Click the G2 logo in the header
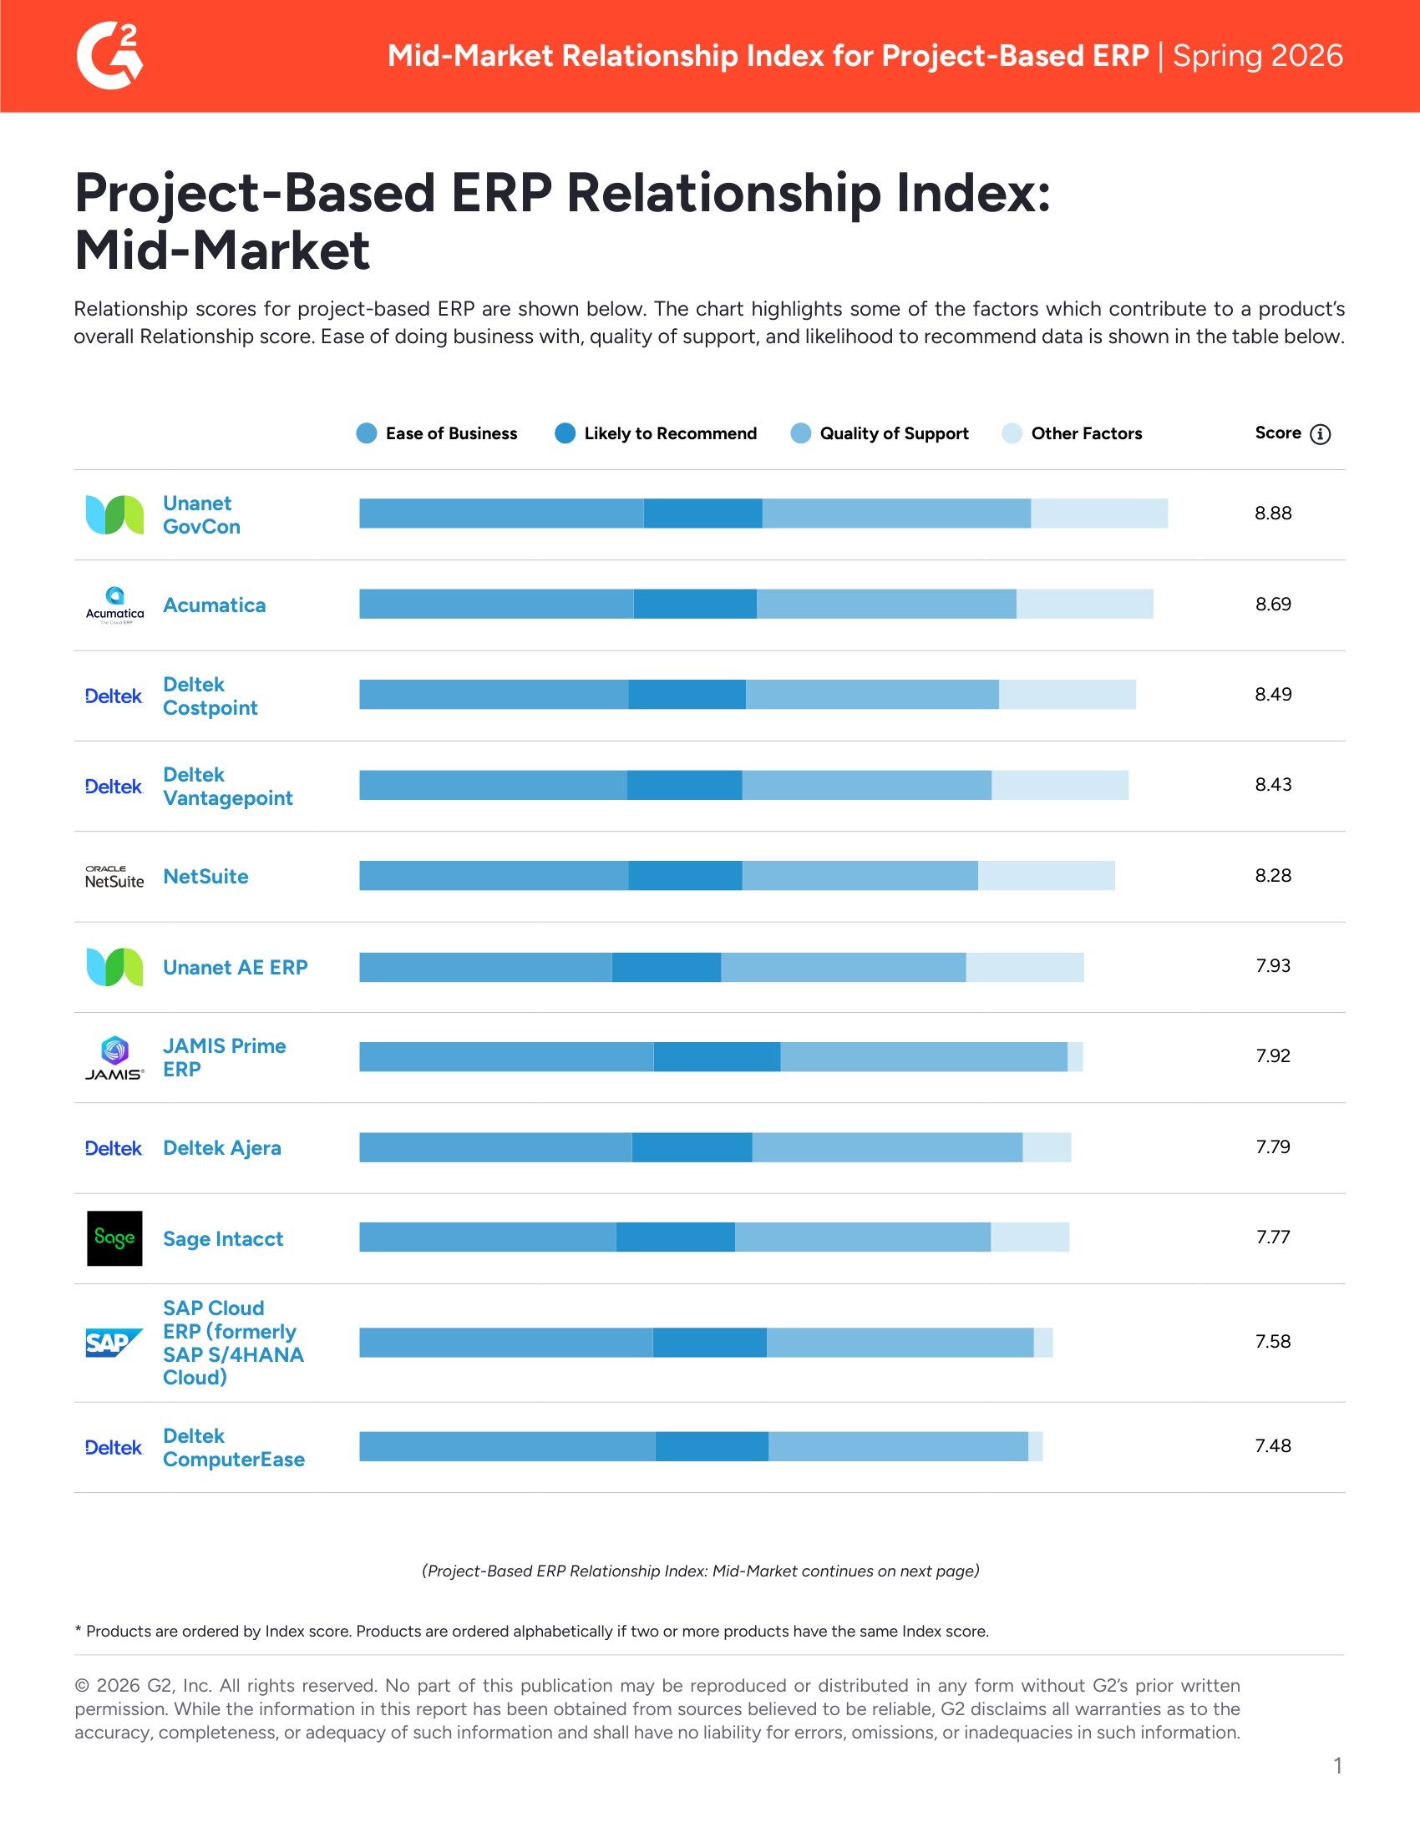point(109,56)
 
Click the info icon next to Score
point(1320,434)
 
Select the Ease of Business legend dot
point(366,433)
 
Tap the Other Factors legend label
point(1086,433)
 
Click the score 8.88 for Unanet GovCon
point(1272,513)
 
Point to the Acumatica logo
point(114,605)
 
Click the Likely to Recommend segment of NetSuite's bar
point(685,876)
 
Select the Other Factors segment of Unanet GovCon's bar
point(1098,513)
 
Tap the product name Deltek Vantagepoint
point(227,786)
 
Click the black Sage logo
point(114,1238)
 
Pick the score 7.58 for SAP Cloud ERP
point(1272,1342)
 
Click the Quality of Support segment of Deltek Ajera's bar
point(886,1147)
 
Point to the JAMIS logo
point(114,1057)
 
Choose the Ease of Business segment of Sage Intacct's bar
point(487,1237)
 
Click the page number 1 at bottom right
point(1336,1765)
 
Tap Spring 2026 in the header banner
point(1257,56)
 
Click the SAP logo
point(114,1343)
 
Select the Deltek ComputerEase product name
point(233,1448)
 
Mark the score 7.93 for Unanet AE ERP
point(1272,965)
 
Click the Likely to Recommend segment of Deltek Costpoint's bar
point(687,695)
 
